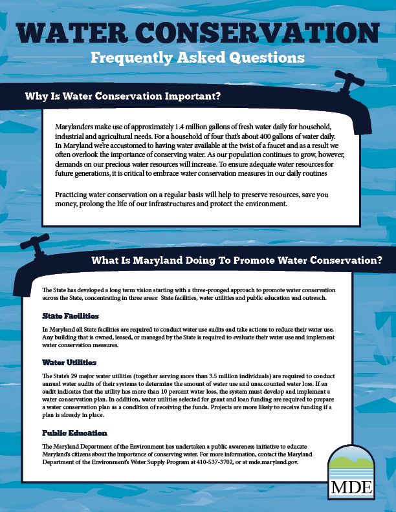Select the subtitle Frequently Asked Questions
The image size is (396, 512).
click(x=197, y=58)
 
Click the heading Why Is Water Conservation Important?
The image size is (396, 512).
click(x=123, y=97)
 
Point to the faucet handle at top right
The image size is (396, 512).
click(x=350, y=81)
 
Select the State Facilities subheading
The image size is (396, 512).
click(x=71, y=316)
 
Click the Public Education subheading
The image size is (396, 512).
click(x=74, y=432)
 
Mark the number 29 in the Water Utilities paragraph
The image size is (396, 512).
click(x=72, y=376)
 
